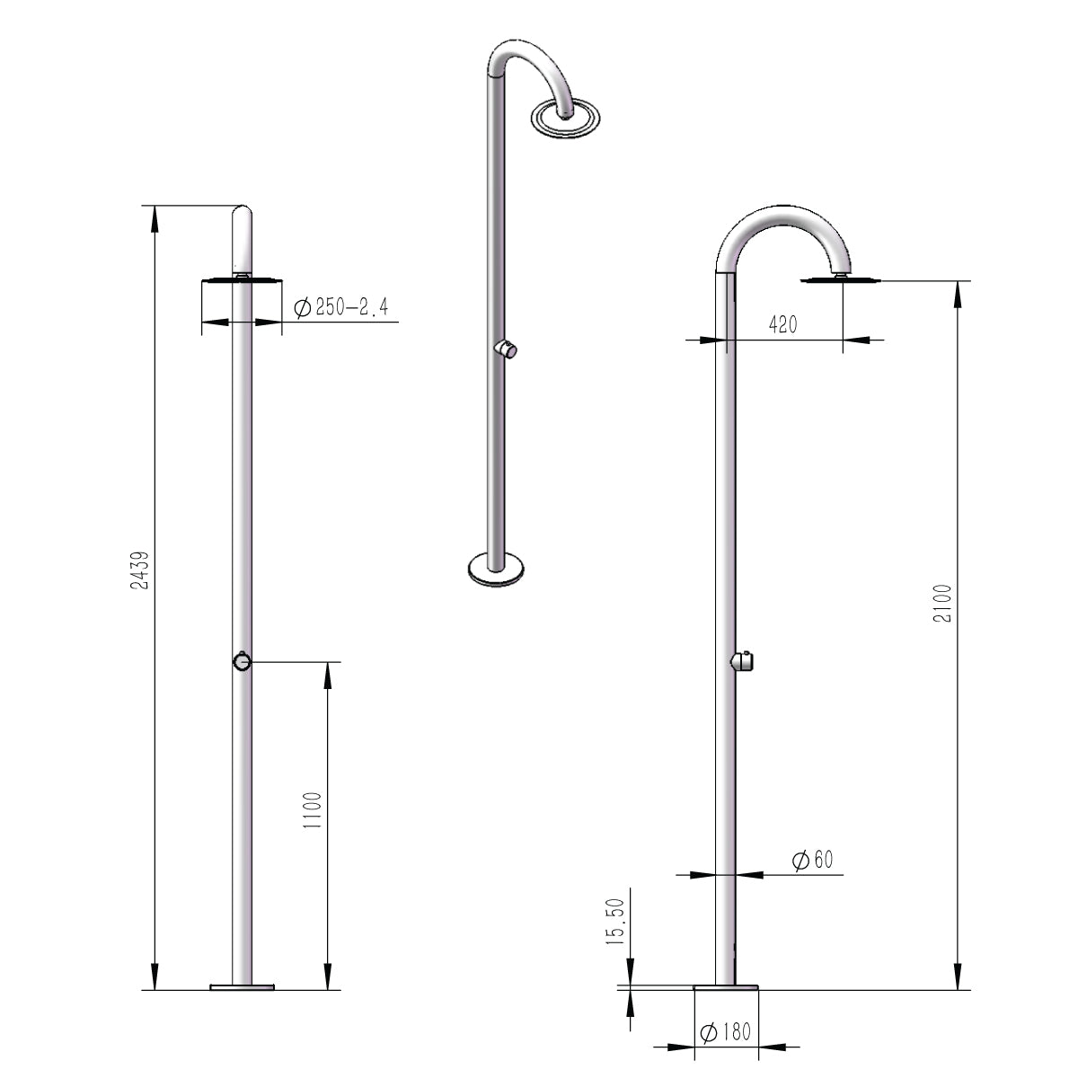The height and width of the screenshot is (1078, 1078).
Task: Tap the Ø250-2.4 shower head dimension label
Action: (340, 309)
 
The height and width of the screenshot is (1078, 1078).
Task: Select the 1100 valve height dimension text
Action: (312, 810)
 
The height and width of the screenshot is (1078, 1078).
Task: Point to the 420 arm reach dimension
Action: (782, 325)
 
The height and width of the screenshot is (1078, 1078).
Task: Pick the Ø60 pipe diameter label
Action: (813, 860)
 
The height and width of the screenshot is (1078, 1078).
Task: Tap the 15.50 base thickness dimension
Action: (615, 923)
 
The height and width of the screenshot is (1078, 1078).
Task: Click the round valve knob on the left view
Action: (241, 662)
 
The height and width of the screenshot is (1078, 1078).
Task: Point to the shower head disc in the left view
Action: (241, 280)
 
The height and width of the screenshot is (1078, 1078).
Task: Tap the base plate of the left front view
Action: (241, 986)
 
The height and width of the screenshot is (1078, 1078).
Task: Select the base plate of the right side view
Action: (726, 986)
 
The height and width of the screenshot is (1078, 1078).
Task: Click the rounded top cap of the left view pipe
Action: (243, 216)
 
